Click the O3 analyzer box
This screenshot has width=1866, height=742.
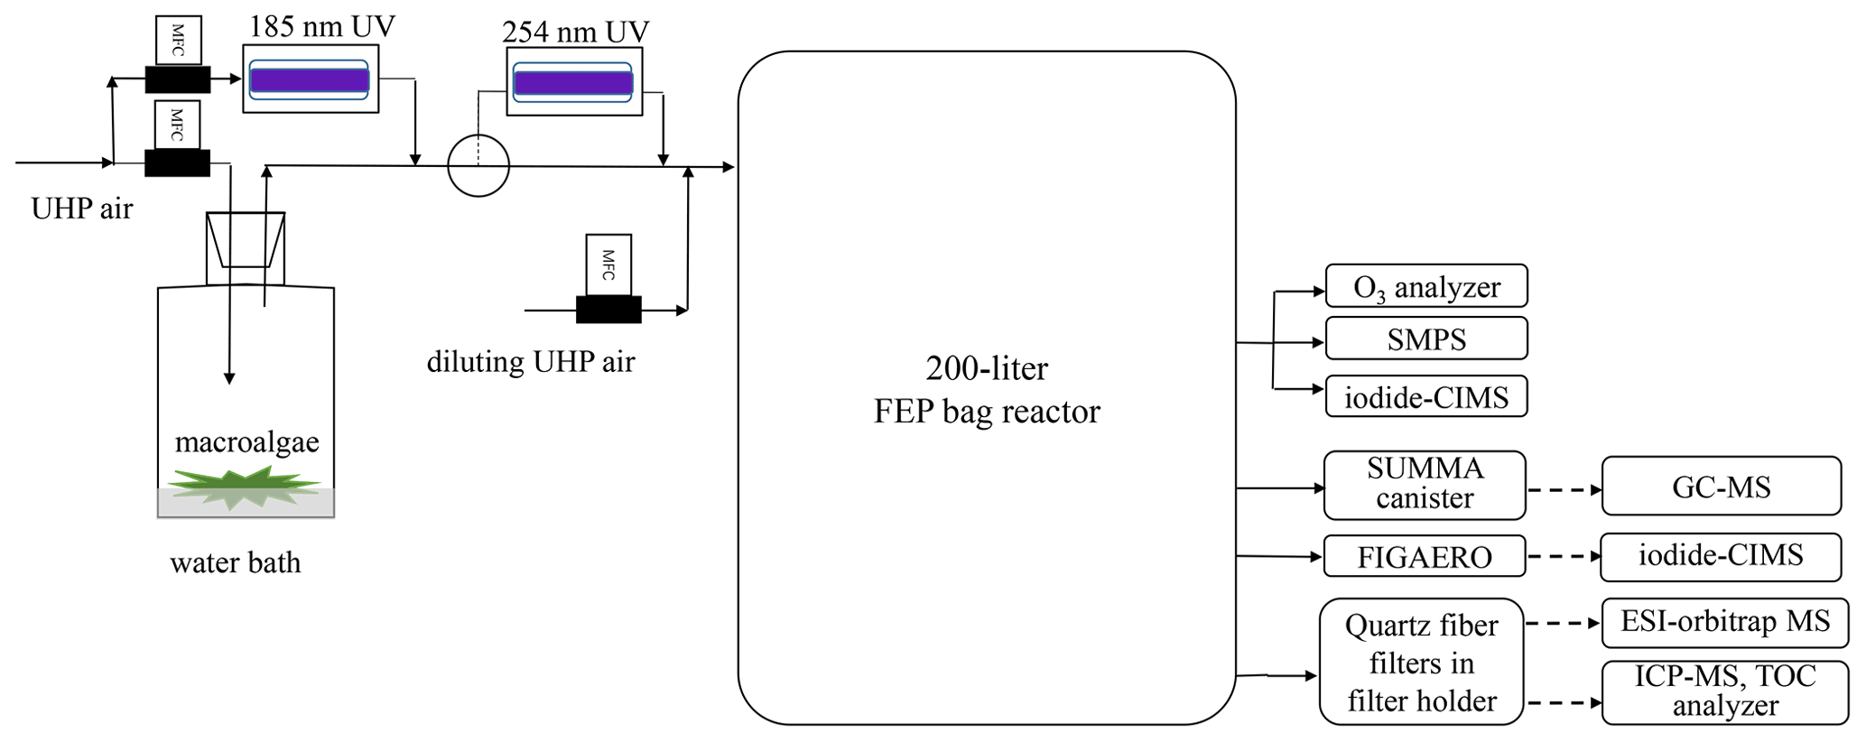(1425, 286)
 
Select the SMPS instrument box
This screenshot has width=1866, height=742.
(1425, 339)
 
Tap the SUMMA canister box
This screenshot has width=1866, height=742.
(1424, 485)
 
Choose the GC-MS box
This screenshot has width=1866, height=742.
(1721, 487)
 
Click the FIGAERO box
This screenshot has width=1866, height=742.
(1424, 556)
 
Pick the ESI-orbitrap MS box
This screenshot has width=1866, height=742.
(1724, 623)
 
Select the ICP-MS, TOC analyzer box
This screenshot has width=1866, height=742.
(1724, 691)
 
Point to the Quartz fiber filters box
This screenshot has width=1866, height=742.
(1421, 663)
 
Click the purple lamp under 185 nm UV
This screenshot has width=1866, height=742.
(310, 80)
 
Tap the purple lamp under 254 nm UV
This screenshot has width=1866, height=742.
(573, 83)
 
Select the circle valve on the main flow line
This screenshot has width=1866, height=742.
(478, 166)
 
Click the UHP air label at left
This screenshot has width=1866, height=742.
(81, 209)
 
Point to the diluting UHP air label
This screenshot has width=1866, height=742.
(531, 362)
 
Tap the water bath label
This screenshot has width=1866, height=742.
(235, 563)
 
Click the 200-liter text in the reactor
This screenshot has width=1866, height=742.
(987, 368)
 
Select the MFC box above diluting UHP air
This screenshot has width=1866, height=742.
(608, 264)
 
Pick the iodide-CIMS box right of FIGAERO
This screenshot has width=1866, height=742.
(1721, 556)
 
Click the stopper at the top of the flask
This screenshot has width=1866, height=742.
(246, 239)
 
